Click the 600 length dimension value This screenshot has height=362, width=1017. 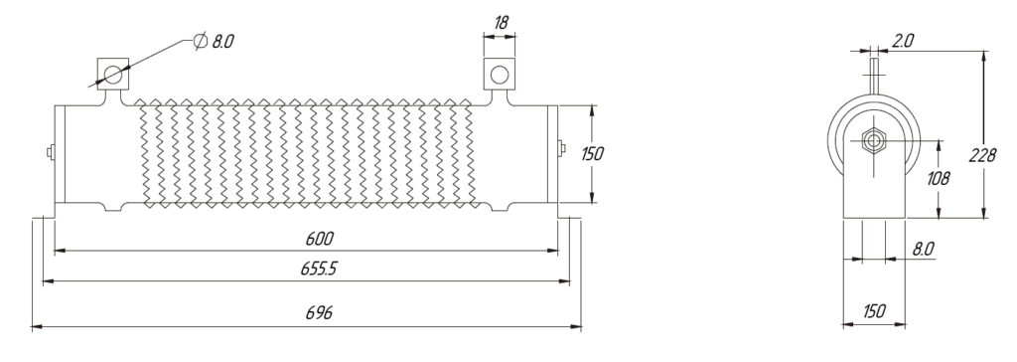(x=319, y=239)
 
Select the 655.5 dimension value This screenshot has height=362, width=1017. (x=319, y=270)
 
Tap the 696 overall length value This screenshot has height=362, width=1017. (x=319, y=313)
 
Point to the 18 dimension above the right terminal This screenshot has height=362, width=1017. (x=501, y=23)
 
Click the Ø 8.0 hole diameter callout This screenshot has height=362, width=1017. (x=215, y=42)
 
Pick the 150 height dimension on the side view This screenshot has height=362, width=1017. (x=593, y=154)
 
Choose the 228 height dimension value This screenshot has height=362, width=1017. (x=981, y=156)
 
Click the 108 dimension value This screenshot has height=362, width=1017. (x=939, y=178)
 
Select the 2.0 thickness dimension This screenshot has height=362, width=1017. (x=902, y=41)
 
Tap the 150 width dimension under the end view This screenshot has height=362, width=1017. (x=874, y=311)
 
